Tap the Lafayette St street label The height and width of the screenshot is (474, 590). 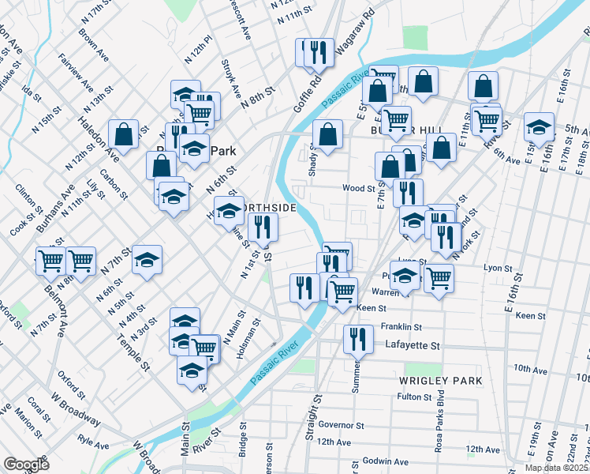point(411,345)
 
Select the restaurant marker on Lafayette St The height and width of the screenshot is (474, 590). point(358,339)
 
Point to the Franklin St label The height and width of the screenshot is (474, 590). point(401,326)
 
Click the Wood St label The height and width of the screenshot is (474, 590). point(357,188)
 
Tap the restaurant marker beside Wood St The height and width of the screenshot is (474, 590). point(408,192)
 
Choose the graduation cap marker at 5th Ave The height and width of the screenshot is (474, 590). point(540,126)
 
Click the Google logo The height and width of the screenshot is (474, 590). point(26,464)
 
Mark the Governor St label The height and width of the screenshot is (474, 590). point(340,425)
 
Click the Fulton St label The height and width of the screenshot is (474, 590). point(414,397)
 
